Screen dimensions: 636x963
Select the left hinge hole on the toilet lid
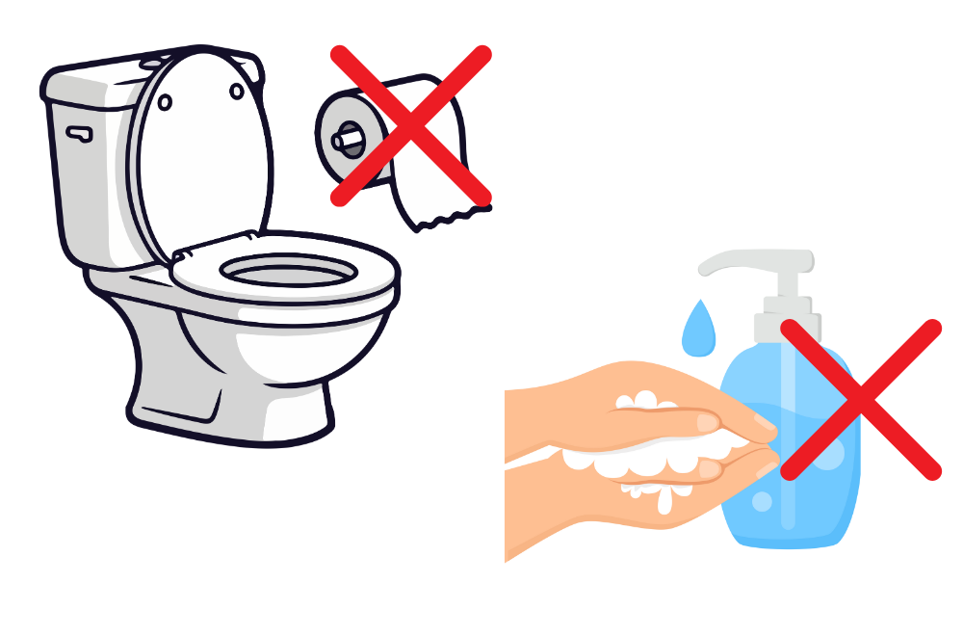point(165,102)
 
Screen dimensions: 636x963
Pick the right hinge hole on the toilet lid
point(237,92)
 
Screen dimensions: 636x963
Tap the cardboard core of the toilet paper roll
point(348,140)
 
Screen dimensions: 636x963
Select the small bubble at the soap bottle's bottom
point(762,502)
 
